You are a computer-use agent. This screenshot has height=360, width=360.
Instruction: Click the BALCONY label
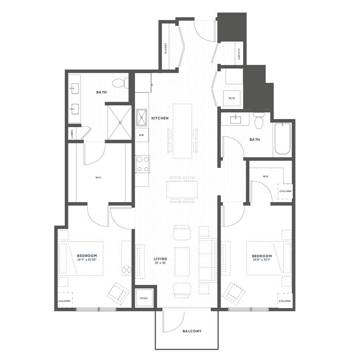(192, 331)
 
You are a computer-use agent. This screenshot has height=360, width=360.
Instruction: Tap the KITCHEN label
(160, 118)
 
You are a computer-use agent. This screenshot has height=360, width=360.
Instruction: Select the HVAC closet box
(144, 298)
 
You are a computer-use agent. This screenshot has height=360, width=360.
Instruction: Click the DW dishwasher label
(142, 135)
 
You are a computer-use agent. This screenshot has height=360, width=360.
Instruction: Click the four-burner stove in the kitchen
(142, 164)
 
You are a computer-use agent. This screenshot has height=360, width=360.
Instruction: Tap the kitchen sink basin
(142, 118)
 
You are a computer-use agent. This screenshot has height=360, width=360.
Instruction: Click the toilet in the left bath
(120, 83)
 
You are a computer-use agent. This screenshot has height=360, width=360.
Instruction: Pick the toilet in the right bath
(259, 120)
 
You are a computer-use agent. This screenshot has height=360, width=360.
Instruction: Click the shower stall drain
(120, 123)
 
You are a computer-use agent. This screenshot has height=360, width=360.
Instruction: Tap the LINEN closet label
(72, 134)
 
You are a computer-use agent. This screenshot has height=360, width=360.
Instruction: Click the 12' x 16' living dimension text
(160, 263)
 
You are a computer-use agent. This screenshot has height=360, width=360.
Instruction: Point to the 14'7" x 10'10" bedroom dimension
(87, 260)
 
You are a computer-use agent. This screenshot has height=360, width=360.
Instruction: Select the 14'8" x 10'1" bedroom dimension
(262, 260)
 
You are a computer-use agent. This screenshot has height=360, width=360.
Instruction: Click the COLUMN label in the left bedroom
(64, 301)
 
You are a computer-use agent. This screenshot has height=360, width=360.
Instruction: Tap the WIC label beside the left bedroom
(98, 178)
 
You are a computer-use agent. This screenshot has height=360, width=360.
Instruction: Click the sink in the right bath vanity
(236, 120)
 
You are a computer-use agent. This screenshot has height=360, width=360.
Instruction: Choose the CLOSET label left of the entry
(166, 48)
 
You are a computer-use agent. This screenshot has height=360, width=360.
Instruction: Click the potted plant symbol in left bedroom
(126, 270)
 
